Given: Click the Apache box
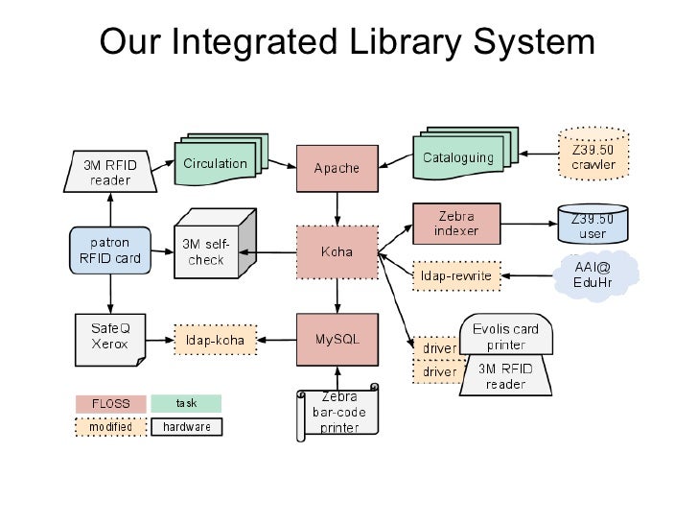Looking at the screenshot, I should click(337, 168).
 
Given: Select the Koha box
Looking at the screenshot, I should click(337, 252).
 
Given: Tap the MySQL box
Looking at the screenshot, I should click(337, 339).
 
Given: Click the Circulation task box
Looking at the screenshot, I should click(215, 164).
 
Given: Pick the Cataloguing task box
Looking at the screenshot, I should click(458, 158).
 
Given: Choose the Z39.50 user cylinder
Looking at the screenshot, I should click(593, 226).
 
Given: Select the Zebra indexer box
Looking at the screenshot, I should click(456, 224).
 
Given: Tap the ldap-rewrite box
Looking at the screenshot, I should click(456, 276).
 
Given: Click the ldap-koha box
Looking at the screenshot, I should click(216, 339).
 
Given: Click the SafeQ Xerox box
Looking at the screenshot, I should click(108, 338).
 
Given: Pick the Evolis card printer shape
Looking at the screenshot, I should click(505, 335).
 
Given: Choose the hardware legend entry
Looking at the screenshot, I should click(186, 426).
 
